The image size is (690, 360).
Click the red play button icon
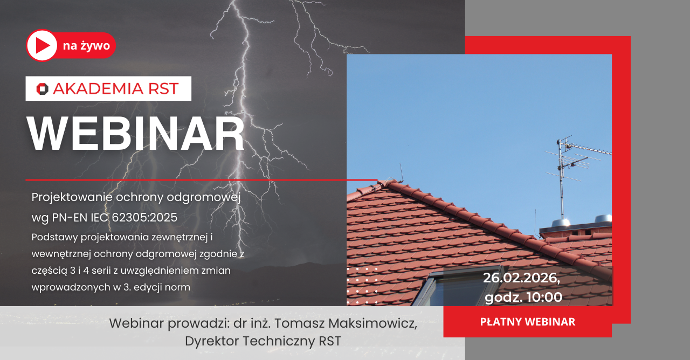pyautogui.click(x=42, y=45)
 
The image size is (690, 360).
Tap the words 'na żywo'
pyautogui.click(x=86, y=46)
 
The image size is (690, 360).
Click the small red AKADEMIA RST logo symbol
pyautogui.click(x=42, y=89)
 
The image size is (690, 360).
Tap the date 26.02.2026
pyautogui.click(x=521, y=278)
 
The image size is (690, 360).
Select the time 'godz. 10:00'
pyautogui.click(x=523, y=297)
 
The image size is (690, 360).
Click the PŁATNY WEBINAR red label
pyautogui.click(x=527, y=322)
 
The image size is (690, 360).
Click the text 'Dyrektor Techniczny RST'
pyautogui.click(x=263, y=341)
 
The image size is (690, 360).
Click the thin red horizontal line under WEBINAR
pyautogui.click(x=199, y=179)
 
